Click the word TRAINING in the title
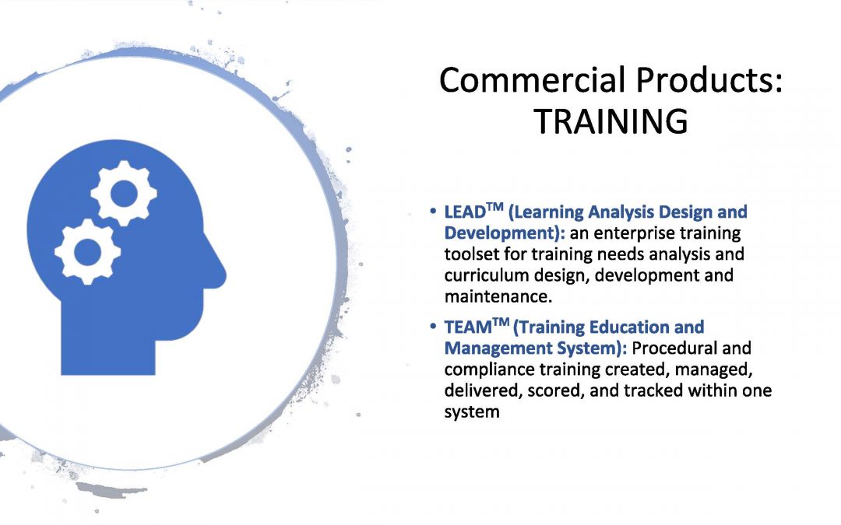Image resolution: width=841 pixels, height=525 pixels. (611, 121)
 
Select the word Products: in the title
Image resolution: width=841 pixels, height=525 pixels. (709, 80)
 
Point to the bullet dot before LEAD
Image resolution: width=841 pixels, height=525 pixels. (433, 212)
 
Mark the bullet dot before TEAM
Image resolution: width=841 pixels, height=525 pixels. (433, 327)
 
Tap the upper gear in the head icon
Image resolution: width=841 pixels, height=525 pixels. (124, 193)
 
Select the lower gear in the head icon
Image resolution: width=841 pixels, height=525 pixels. (87, 251)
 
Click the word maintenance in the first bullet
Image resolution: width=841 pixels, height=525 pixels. (498, 296)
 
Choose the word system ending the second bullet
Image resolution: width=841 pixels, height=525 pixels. (472, 412)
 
